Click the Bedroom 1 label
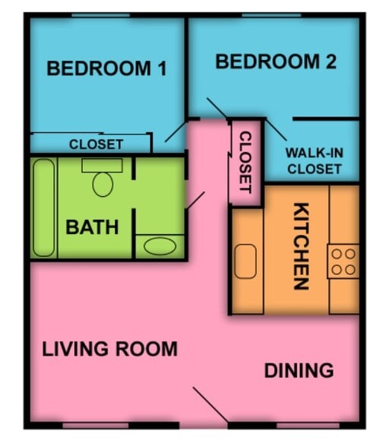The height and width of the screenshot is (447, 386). tap(106, 68)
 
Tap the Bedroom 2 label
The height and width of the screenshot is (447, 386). tap(276, 62)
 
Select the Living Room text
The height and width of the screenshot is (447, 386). tap(109, 349)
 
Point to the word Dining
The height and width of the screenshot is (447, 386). tap(299, 370)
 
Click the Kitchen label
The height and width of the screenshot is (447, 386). tap(301, 246)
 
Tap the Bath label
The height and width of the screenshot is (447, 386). tap(92, 227)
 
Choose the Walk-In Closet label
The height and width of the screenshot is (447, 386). tap(315, 161)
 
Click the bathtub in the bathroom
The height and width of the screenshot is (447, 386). tap(43, 208)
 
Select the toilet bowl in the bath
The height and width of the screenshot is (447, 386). tap(103, 185)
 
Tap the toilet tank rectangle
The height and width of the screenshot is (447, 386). tap(103, 166)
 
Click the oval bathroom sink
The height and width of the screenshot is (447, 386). tap(160, 246)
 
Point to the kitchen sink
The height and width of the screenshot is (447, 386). tap(245, 262)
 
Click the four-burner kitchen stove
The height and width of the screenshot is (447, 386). tap(343, 262)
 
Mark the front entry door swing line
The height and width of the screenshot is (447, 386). tap(210, 404)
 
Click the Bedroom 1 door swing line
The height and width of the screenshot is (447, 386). tap(176, 132)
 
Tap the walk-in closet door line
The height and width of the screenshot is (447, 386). tap(276, 130)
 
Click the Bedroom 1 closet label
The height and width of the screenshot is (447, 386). tap(96, 144)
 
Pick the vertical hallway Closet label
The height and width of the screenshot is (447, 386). tap(245, 162)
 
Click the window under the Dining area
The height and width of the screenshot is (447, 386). tap(308, 426)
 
